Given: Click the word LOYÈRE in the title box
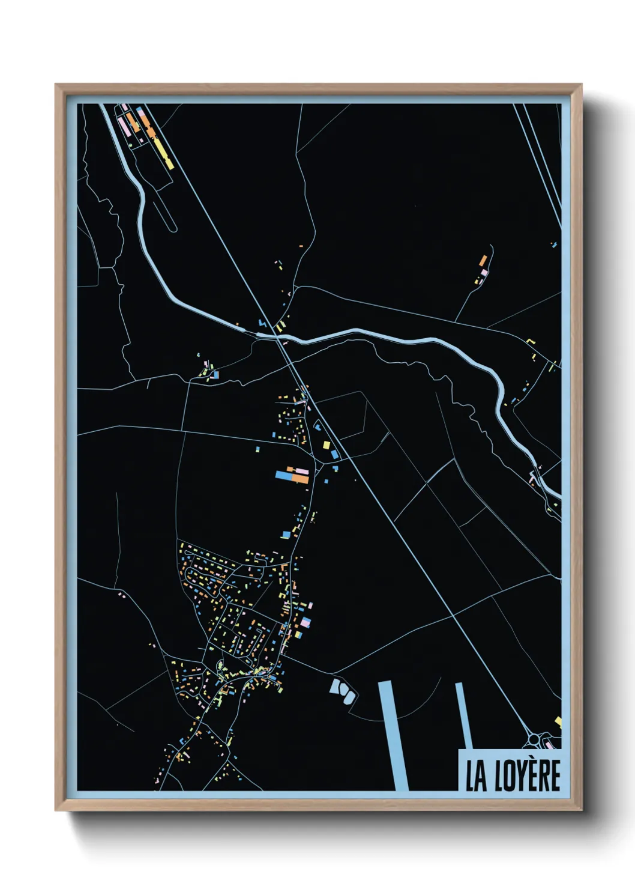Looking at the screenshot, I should [528, 775].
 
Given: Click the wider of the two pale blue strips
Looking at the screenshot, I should [393, 736].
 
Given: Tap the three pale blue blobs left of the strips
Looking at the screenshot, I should [342, 690].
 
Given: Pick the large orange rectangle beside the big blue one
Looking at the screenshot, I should [300, 478].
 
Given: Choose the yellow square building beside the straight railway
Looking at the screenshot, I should [327, 445].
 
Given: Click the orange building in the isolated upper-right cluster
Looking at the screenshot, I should [483, 261].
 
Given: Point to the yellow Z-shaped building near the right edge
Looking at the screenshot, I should [531, 342].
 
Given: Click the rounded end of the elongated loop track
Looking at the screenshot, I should [173, 228].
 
